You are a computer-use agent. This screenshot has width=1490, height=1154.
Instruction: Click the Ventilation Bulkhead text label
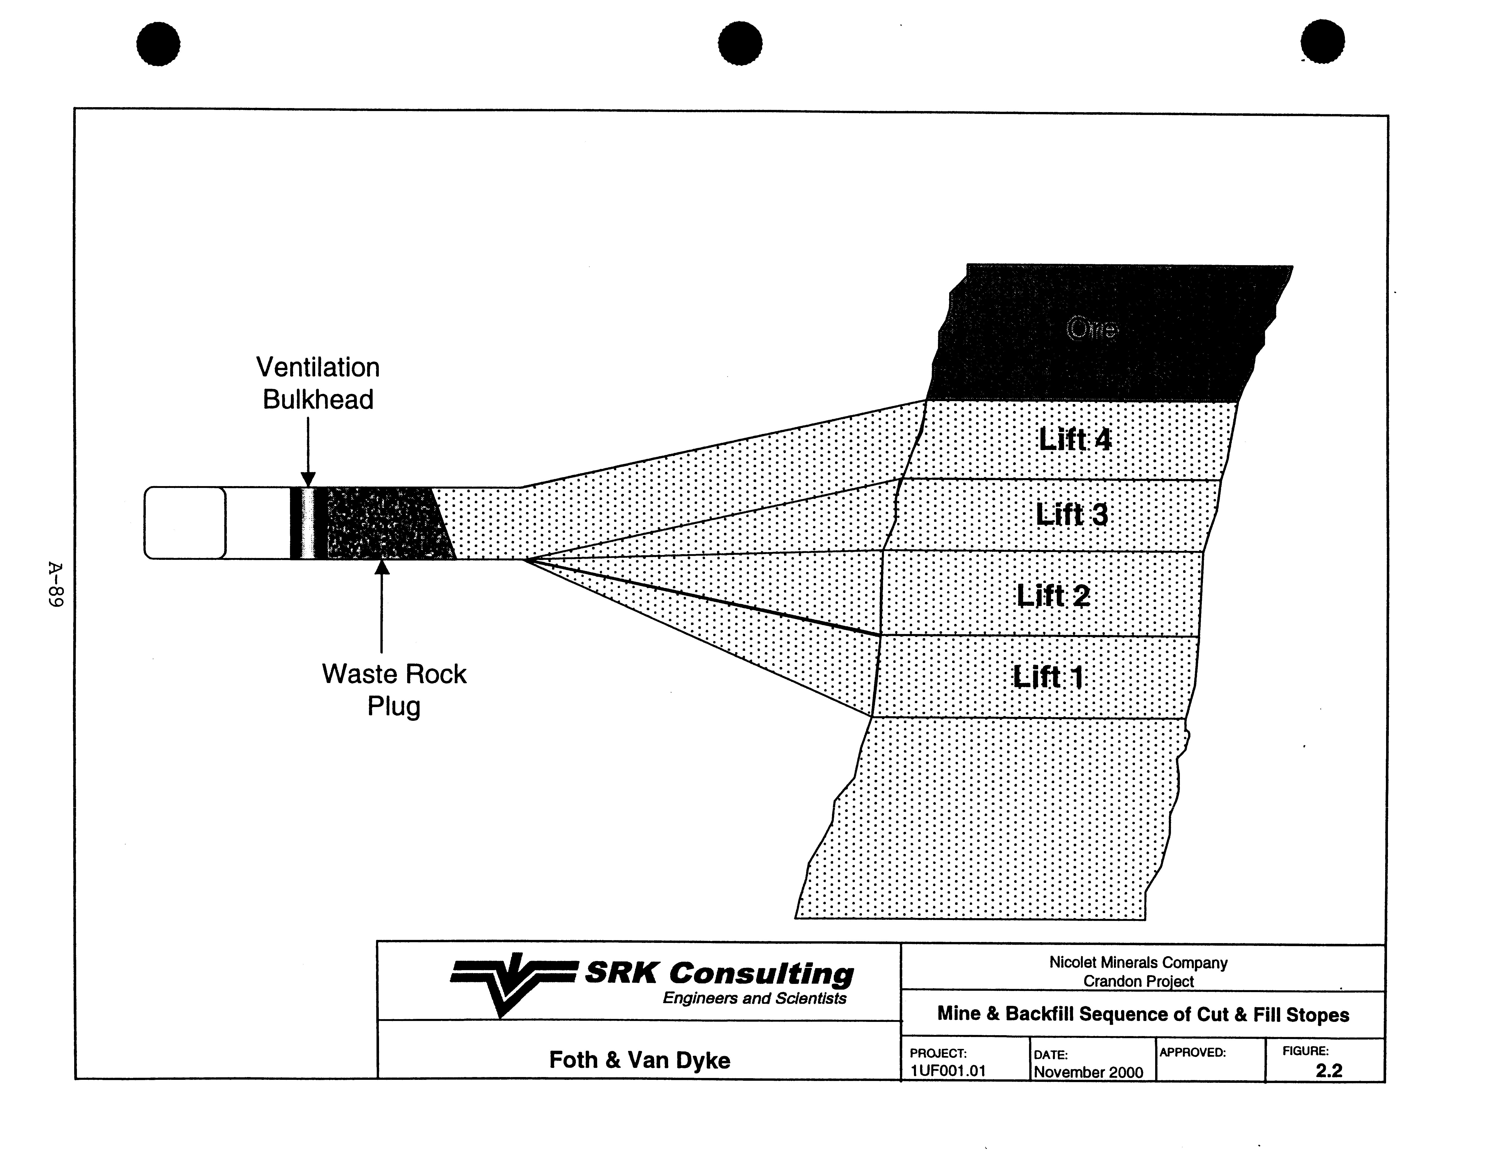(x=318, y=383)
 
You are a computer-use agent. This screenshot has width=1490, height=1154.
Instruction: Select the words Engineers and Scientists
(x=755, y=998)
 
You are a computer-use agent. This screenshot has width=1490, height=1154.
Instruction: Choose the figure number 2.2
(x=1329, y=1070)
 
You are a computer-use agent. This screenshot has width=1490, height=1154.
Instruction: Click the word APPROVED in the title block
(x=1192, y=1052)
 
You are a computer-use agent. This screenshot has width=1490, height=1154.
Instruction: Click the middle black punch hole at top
(x=740, y=43)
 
